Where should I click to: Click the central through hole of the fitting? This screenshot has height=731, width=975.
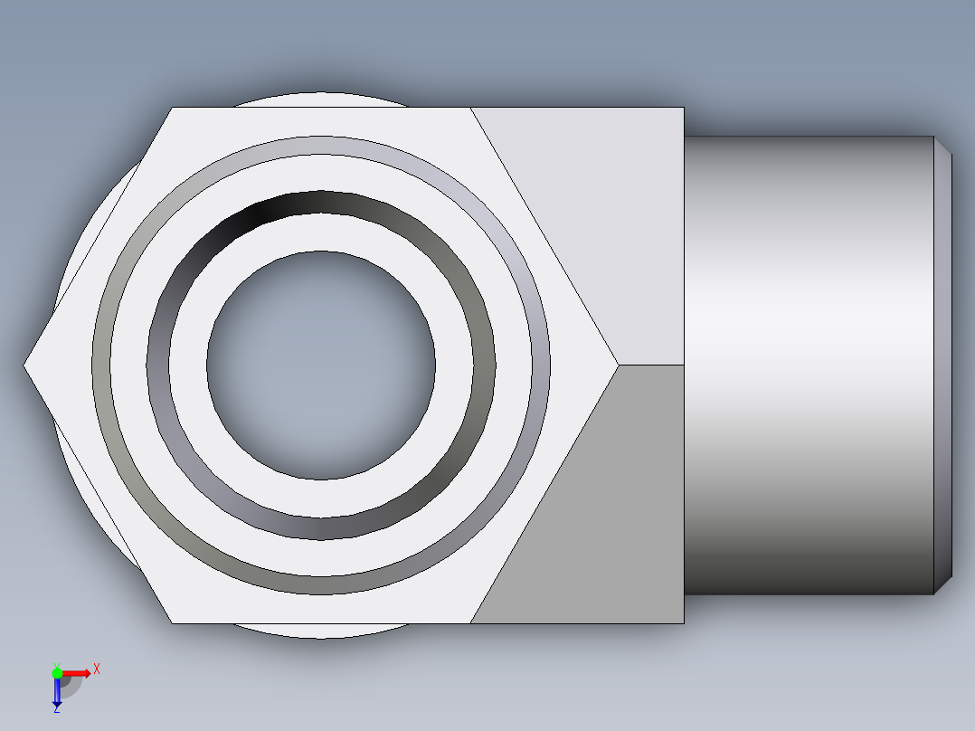(x=321, y=365)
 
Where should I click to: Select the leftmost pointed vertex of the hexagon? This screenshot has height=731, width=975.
(x=25, y=365)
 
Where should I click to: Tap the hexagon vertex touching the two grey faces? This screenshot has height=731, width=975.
(x=619, y=365)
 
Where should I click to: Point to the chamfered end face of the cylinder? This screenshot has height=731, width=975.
(x=943, y=365)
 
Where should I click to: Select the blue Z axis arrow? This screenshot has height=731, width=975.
(x=57, y=693)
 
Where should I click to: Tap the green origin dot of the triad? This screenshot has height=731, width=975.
(x=57, y=672)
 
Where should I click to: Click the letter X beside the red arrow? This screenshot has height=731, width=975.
(x=97, y=669)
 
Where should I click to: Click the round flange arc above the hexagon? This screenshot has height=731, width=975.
(x=321, y=99)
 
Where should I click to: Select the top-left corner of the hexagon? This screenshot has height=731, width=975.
(x=172, y=108)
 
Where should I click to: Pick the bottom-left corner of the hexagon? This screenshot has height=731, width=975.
(x=172, y=623)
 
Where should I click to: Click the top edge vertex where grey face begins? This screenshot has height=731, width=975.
(x=471, y=108)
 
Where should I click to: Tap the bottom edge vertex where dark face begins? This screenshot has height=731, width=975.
(x=471, y=623)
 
